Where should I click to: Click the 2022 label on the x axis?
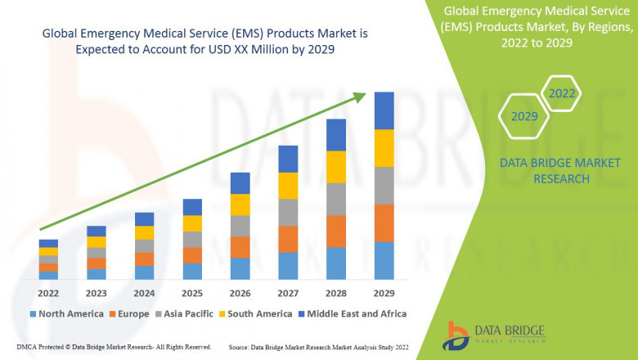(x=48, y=292)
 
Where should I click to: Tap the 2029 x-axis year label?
(x=384, y=292)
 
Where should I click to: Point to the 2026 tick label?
(x=240, y=292)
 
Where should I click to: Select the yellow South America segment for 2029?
(x=384, y=148)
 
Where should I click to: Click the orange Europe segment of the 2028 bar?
(x=336, y=232)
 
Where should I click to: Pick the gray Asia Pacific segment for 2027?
(x=288, y=213)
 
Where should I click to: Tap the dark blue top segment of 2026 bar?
(x=240, y=183)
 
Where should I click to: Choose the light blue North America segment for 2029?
(x=384, y=260)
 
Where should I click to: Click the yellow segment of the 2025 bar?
(x=192, y=223)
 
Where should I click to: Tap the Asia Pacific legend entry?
(x=185, y=313)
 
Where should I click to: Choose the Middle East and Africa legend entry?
(x=353, y=313)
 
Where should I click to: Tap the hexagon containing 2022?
(x=561, y=93)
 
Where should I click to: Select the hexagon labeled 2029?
(x=523, y=117)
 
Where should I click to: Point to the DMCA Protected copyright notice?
(x=114, y=348)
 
